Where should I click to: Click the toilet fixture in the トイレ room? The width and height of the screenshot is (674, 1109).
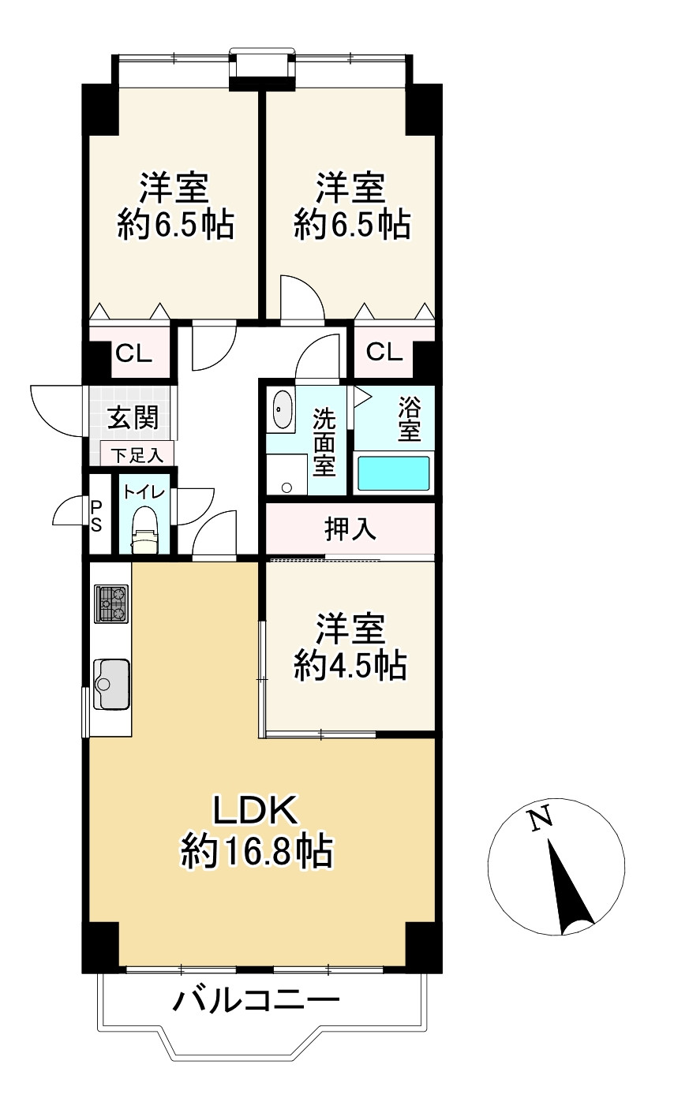coord(144,528)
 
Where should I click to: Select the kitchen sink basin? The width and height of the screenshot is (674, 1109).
coord(111,683)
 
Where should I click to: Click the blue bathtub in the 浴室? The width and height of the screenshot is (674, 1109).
coord(394,473)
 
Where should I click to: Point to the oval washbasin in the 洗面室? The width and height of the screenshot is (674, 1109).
coord(283,409)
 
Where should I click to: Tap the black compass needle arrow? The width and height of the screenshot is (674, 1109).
coord(570,887)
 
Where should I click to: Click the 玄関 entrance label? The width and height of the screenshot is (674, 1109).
coord(133,417)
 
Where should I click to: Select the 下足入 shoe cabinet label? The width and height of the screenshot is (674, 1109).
coord(137,455)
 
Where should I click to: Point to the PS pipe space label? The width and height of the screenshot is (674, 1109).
coord(96,516)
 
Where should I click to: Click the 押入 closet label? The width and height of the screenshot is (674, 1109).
coord(350,528)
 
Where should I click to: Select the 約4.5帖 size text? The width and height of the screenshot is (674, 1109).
coord(350,666)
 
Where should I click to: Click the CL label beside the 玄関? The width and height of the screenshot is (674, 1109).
coord(133,353)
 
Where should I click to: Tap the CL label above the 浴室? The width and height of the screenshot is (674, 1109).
coord(384,352)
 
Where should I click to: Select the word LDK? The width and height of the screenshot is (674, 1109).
coord(255,811)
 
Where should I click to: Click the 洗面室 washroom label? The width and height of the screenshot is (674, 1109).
coord(324,442)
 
